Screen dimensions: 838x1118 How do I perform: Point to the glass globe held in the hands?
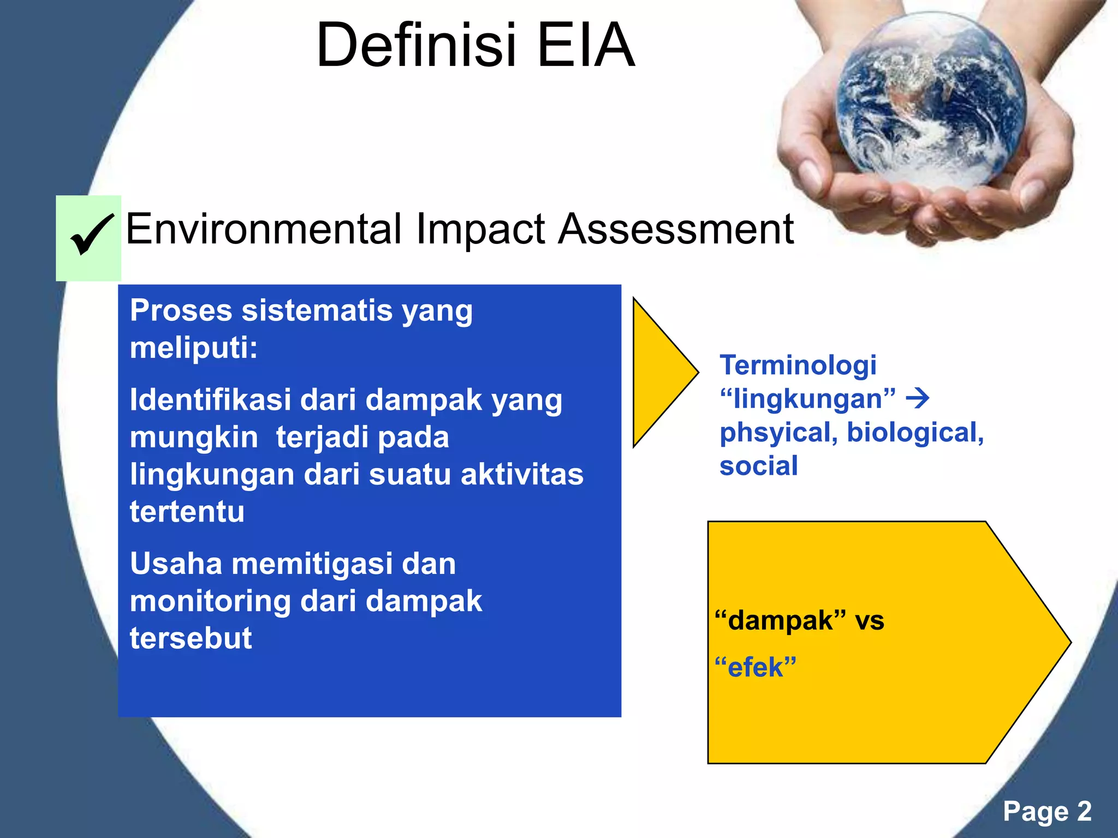pos(930,101)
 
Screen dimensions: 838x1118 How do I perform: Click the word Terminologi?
pos(798,365)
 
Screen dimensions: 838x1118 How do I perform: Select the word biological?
pos(915,433)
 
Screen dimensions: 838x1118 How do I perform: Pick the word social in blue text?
pos(758,466)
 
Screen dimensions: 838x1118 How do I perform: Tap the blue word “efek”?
pos(756,667)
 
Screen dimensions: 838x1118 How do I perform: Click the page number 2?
pos(1084,811)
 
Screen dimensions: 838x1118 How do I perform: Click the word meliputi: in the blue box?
pos(193,348)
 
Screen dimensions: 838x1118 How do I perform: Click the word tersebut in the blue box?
pos(191,638)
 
